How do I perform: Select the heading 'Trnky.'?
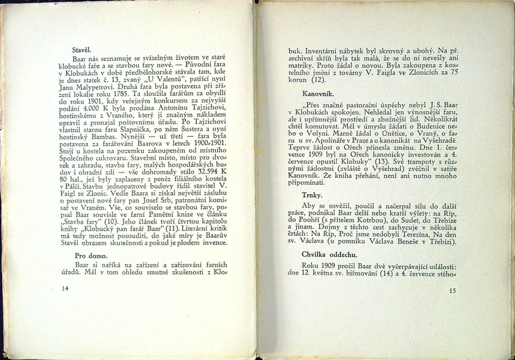[x=312, y=195]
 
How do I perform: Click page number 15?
[x=452, y=291]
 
